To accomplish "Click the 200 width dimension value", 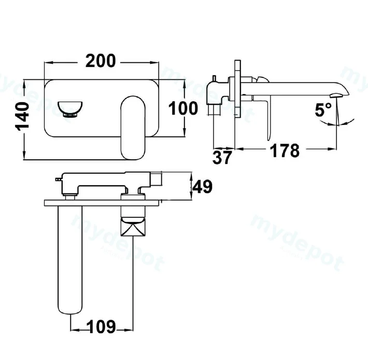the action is [x=101, y=61].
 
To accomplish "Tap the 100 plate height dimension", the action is [x=183, y=108].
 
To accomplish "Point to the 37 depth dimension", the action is [x=222, y=158].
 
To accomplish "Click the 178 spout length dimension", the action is [x=285, y=150].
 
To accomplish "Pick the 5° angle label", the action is [x=323, y=109].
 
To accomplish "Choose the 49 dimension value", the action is [x=202, y=187].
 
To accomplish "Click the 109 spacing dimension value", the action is [x=101, y=327].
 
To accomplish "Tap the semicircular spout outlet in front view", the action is [x=70, y=109].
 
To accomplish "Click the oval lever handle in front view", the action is [x=133, y=128].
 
